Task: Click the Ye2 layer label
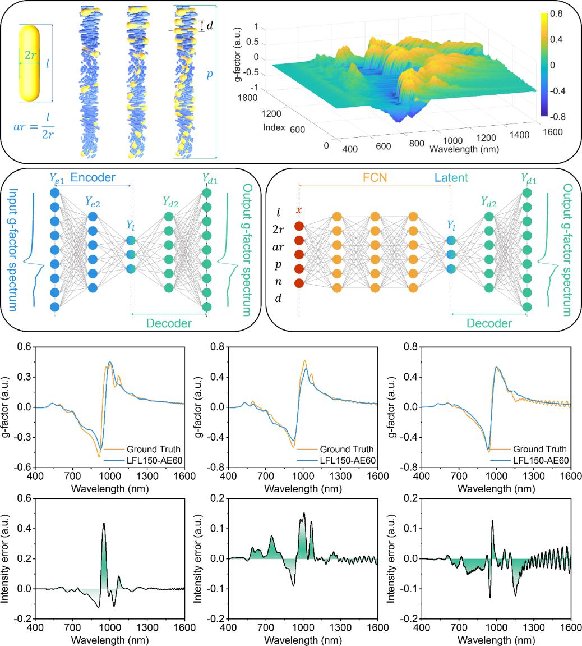(93, 201)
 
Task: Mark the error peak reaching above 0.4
(104, 524)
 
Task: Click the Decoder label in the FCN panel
(489, 323)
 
